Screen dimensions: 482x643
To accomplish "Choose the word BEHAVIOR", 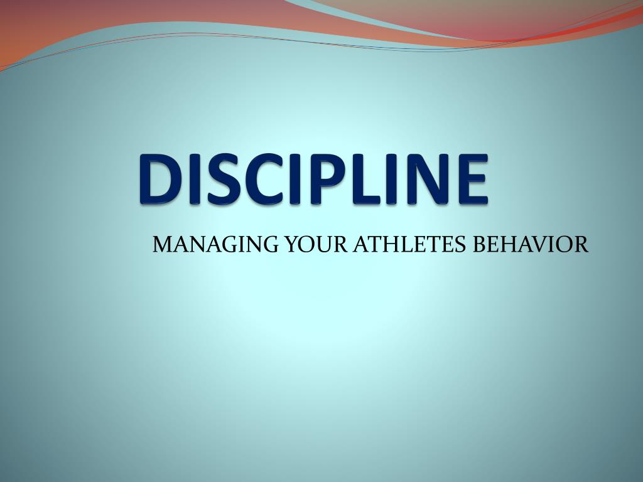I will tap(529, 244).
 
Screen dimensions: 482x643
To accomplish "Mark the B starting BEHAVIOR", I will tap(478, 244).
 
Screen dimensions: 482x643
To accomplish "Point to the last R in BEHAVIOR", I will tap(582, 244).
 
